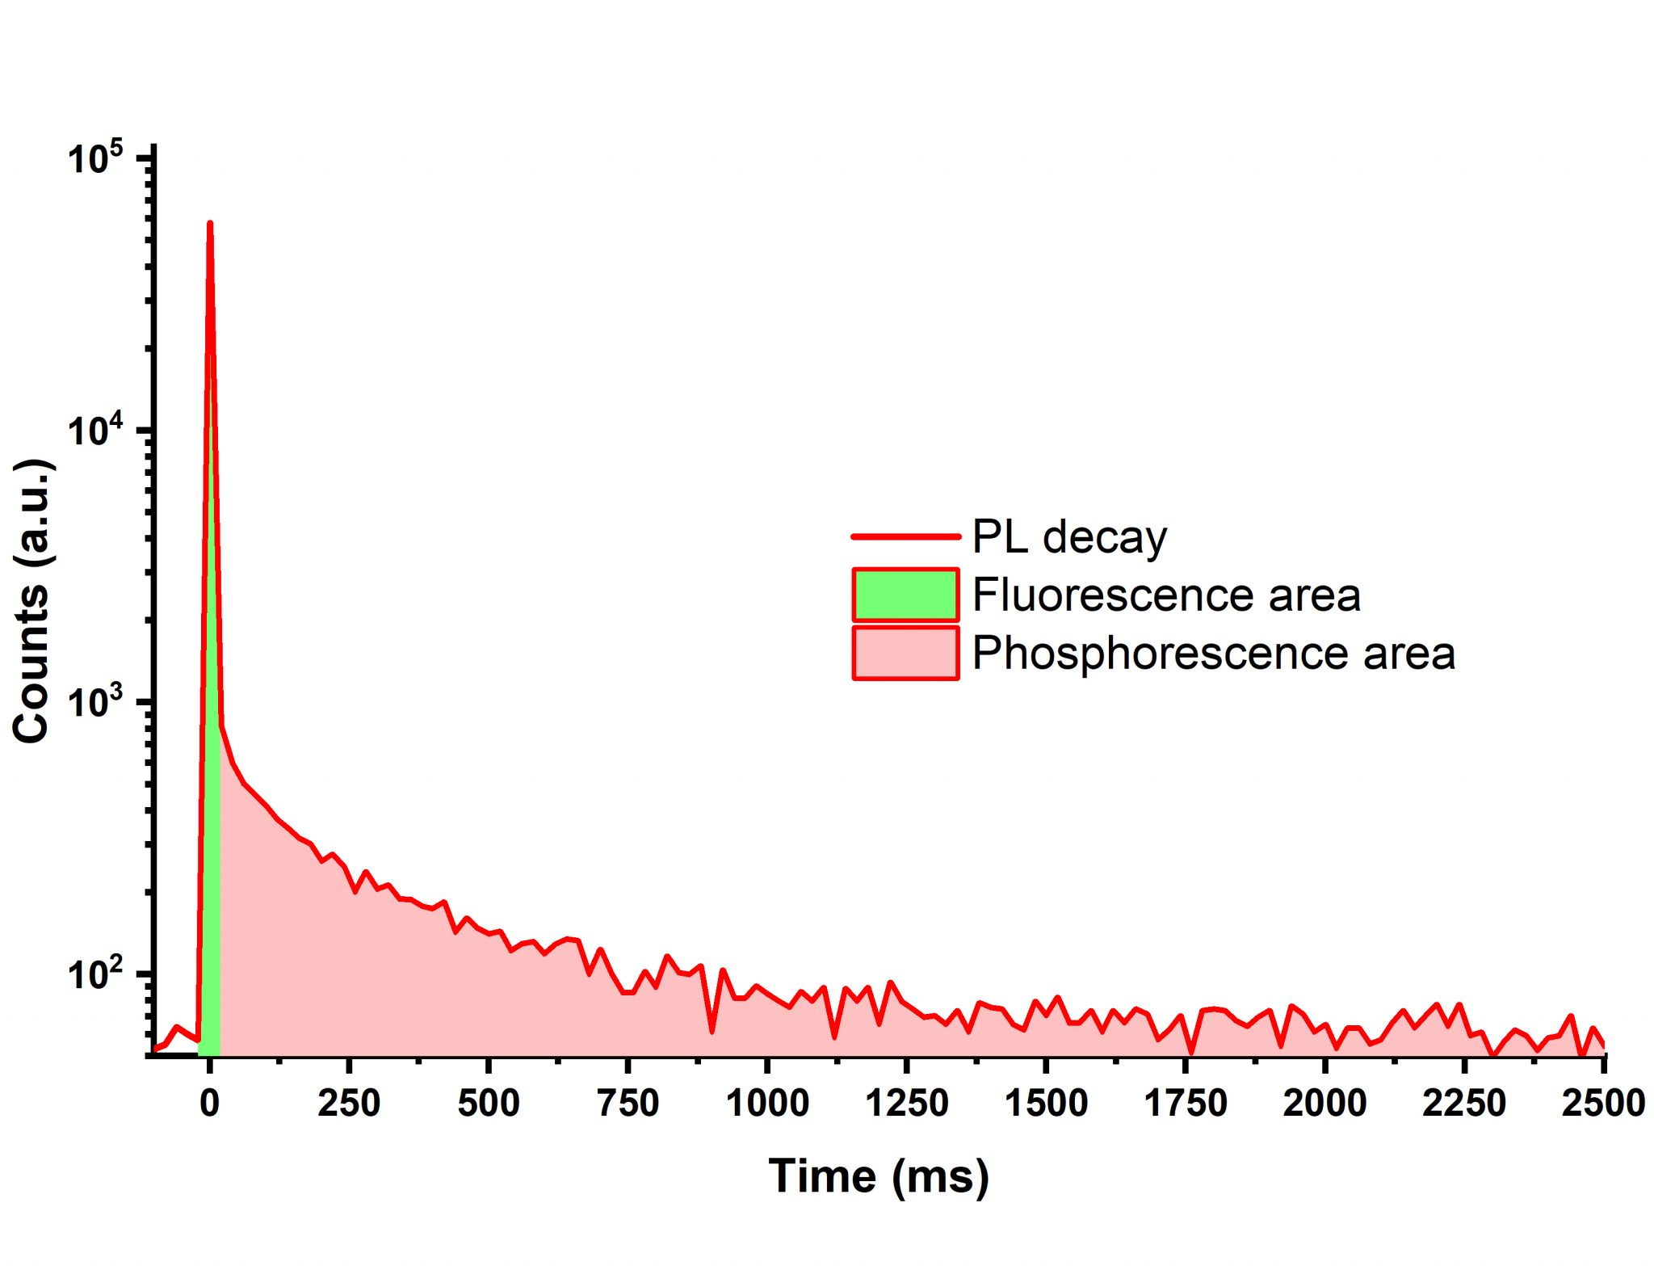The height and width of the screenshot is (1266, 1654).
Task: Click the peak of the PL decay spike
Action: click(x=210, y=224)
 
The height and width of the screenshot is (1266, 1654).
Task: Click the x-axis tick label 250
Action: click(x=349, y=1104)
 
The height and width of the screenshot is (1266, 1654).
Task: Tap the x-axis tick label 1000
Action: click(x=767, y=1104)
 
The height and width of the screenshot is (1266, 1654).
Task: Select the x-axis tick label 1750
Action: click(x=1186, y=1104)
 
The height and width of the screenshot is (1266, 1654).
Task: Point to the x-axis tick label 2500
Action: click(x=1603, y=1104)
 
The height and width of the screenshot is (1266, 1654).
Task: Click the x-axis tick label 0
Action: click(x=210, y=1104)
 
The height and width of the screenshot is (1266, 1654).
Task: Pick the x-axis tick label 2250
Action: click(x=1464, y=1104)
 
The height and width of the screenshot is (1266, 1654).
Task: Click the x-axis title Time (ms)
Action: click(x=879, y=1176)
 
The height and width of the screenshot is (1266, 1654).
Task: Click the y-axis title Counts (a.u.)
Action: click(x=32, y=602)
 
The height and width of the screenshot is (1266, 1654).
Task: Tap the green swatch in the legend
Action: click(x=905, y=595)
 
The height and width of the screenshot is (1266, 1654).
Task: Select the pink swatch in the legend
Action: click(x=905, y=653)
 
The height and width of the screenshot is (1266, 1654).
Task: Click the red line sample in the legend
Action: click(x=905, y=536)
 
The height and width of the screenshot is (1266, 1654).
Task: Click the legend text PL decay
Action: click(x=1069, y=537)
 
